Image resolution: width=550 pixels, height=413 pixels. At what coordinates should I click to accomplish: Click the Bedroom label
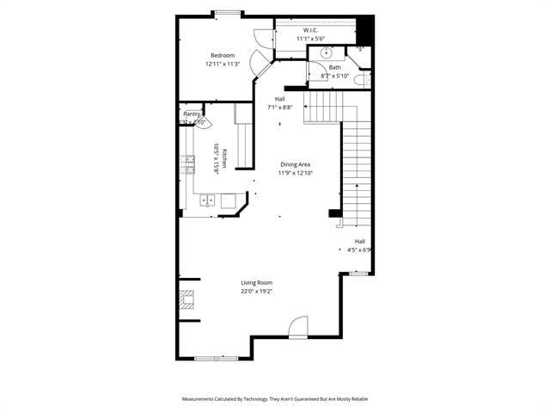(x=223, y=55)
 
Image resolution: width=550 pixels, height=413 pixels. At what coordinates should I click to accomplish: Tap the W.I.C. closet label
(x=310, y=30)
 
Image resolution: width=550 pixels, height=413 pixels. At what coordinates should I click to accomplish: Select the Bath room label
(x=334, y=67)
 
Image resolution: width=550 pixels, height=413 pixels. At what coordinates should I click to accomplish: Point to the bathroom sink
(x=327, y=52)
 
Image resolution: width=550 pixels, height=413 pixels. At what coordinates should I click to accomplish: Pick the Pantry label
(x=192, y=114)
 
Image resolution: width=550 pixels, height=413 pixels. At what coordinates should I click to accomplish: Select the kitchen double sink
(x=208, y=201)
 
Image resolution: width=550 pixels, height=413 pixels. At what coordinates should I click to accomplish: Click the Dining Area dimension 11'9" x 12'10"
(x=295, y=173)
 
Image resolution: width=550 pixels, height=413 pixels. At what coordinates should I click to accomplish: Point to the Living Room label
(x=256, y=283)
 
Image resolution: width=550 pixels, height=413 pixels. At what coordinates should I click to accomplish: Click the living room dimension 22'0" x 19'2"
(x=256, y=292)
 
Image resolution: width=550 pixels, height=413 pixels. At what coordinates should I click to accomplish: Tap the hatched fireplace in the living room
(x=186, y=300)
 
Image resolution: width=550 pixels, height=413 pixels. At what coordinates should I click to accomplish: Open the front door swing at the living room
(x=297, y=327)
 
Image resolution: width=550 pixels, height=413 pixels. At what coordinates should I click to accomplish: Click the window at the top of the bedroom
(x=227, y=13)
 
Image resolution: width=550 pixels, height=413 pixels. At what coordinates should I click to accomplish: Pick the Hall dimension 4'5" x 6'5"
(x=358, y=250)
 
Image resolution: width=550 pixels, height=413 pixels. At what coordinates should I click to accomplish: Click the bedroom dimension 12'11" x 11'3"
(x=223, y=64)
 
